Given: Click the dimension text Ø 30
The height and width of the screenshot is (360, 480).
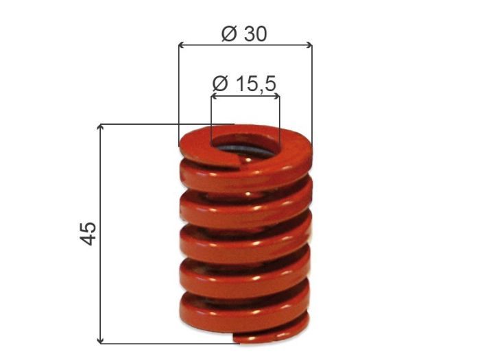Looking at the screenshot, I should (x=244, y=33).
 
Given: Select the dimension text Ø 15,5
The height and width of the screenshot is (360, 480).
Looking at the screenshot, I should (x=244, y=84).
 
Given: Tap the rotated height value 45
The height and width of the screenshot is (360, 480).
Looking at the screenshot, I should (x=88, y=233).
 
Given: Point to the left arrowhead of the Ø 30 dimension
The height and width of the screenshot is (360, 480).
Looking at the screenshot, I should (x=182, y=46).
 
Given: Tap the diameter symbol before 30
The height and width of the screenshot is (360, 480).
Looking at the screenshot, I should (x=229, y=33).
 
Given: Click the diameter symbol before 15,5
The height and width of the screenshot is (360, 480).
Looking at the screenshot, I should (x=219, y=84).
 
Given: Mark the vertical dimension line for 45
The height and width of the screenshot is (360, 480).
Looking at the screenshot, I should (x=101, y=274).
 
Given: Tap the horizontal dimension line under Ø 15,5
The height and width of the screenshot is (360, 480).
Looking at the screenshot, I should (x=245, y=97).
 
